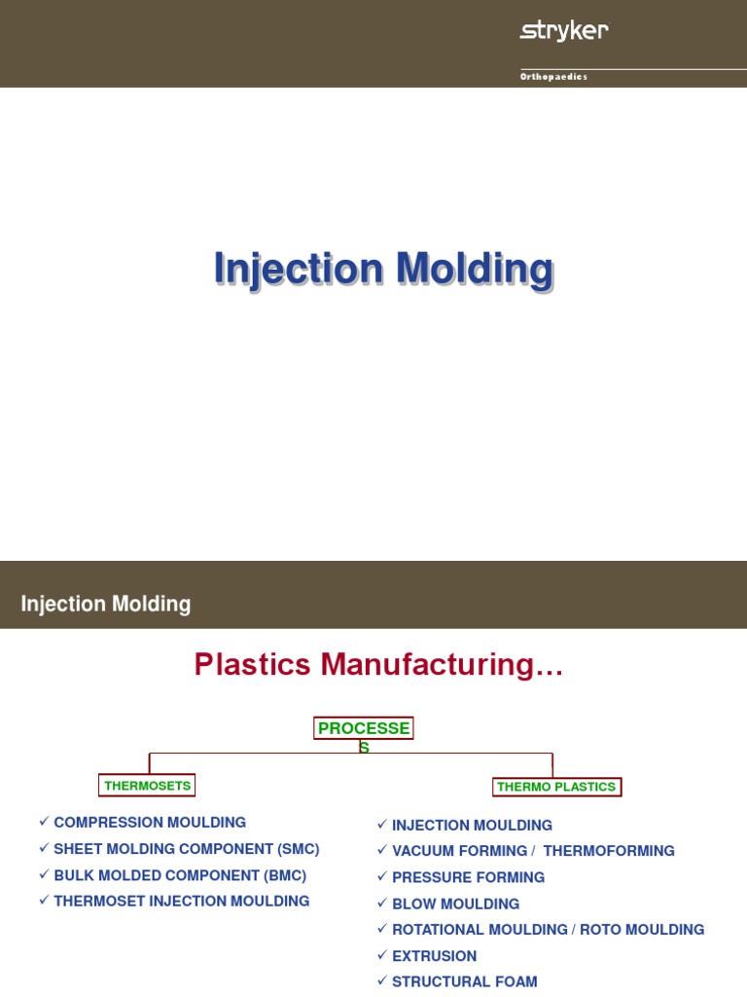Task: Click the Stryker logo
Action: (564, 31)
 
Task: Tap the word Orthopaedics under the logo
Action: (553, 77)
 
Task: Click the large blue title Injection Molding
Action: (383, 269)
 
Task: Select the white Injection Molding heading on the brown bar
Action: (106, 604)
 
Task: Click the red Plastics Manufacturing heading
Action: (378, 665)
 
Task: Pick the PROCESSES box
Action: (363, 729)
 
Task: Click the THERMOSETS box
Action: (148, 785)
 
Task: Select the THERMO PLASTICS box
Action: (556, 787)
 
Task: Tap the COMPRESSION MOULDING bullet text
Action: (150, 823)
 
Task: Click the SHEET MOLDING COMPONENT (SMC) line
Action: (186, 849)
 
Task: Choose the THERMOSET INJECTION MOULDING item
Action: (181, 902)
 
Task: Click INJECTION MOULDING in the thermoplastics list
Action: (472, 826)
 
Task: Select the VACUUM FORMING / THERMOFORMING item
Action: (533, 851)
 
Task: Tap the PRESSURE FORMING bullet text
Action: (468, 877)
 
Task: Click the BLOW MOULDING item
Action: (455, 904)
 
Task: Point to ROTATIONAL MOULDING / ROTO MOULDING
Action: (548, 930)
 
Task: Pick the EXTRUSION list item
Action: (434, 956)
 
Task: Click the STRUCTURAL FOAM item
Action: (464, 982)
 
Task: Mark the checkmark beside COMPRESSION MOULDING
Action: (44, 822)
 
